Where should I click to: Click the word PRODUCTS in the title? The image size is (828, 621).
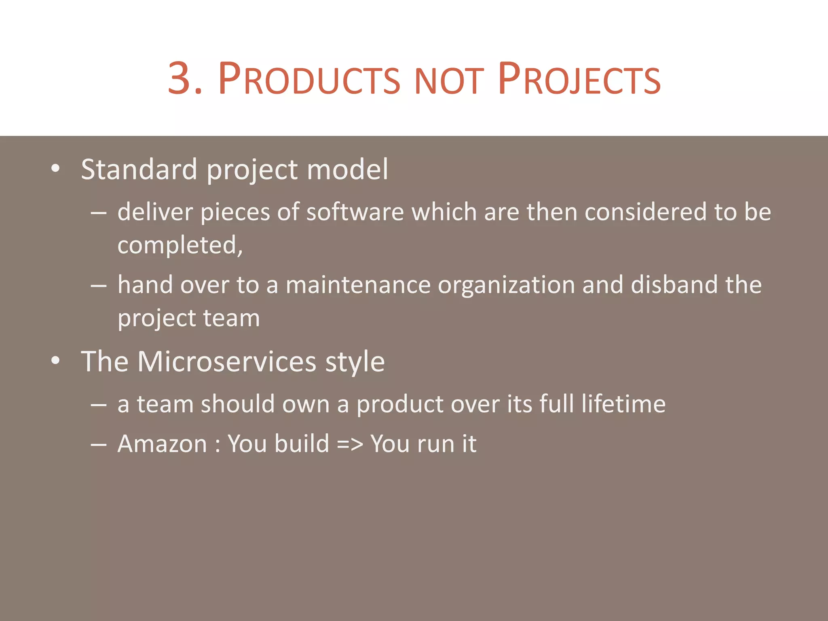point(309,78)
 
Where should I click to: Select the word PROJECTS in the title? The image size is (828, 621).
point(579,78)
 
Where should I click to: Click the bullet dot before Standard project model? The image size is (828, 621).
point(55,169)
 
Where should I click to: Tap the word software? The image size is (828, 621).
point(355,212)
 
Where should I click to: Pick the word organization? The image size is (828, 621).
point(506,285)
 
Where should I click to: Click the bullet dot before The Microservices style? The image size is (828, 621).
point(55,361)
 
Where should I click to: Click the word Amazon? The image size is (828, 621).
point(162,444)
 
